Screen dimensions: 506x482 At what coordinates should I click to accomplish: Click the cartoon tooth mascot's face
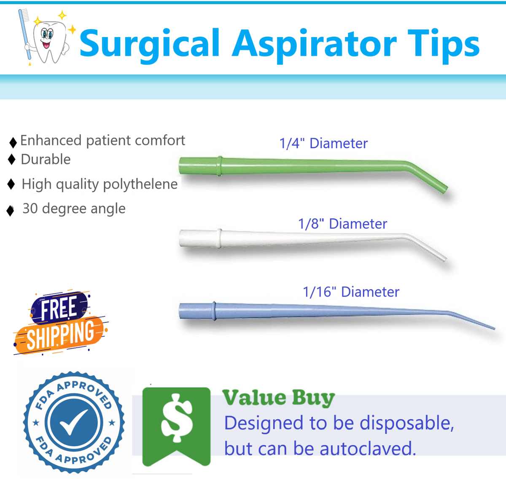click(47, 37)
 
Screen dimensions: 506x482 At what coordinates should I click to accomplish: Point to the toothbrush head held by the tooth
click(23, 15)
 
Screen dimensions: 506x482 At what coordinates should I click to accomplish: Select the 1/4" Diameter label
click(323, 143)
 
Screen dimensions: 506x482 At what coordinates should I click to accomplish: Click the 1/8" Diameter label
click(342, 223)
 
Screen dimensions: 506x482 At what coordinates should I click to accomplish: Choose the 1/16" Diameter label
click(351, 292)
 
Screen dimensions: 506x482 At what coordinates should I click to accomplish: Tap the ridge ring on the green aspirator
click(219, 166)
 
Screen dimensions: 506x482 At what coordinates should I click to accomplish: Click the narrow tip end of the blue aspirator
click(494, 329)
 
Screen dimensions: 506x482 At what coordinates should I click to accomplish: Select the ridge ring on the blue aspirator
click(214, 311)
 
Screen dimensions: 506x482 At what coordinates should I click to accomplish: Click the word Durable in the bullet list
click(46, 159)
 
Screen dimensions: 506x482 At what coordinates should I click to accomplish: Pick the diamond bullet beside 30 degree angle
click(10, 211)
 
